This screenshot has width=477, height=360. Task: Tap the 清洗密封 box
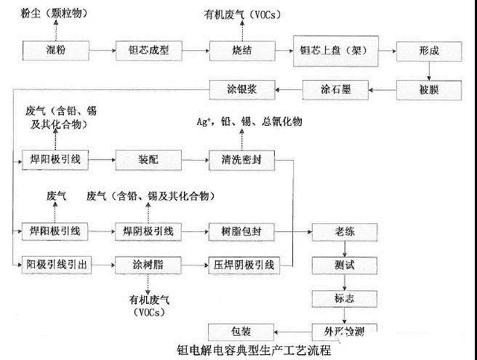pos(236,159)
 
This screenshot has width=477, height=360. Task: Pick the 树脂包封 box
pos(236,231)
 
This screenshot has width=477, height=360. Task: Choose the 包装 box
pos(236,328)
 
